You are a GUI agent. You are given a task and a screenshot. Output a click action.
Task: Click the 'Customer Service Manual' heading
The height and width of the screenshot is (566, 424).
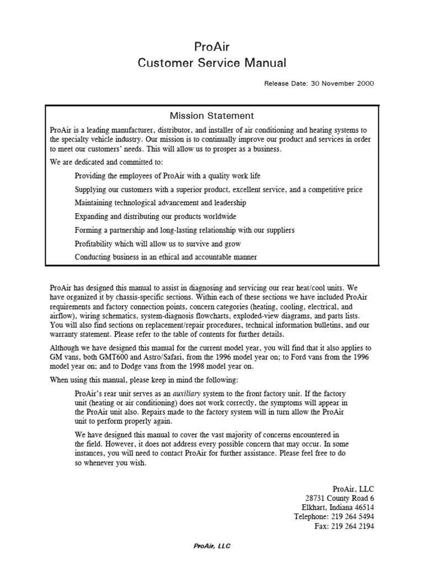[211, 63]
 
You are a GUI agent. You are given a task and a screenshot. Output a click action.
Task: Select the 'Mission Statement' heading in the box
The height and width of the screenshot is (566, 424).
[211, 116]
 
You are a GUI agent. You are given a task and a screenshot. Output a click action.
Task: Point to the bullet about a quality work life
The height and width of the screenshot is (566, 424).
[167, 176]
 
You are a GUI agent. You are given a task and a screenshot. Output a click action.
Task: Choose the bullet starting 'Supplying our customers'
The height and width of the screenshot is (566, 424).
[218, 190]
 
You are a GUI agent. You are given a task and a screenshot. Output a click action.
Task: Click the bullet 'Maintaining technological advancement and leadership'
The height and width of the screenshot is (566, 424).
[160, 203]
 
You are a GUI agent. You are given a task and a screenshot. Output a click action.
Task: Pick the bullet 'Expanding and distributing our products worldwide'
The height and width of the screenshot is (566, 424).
[155, 217]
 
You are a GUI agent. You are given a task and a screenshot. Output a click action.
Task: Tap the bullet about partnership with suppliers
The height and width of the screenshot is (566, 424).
[184, 230]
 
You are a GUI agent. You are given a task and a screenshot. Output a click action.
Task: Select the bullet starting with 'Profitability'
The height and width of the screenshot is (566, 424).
[157, 244]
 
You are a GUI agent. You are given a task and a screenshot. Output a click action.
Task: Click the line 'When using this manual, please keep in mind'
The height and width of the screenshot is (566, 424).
[145, 380]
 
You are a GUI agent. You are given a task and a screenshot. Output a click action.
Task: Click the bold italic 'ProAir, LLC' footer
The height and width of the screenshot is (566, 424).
[211, 546]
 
